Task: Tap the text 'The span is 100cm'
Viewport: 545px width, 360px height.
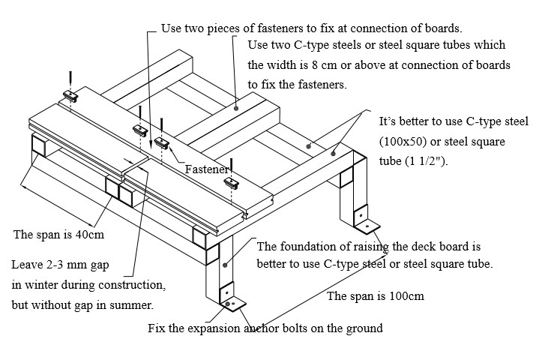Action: coord(375,295)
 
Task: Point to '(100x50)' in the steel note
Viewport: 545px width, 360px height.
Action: coord(404,141)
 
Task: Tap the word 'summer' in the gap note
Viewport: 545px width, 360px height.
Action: coord(133,305)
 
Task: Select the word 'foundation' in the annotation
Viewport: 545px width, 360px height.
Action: coord(311,246)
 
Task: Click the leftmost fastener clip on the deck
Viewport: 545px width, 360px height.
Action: coord(70,95)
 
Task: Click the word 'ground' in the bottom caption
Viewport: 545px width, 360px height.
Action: coord(364,328)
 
